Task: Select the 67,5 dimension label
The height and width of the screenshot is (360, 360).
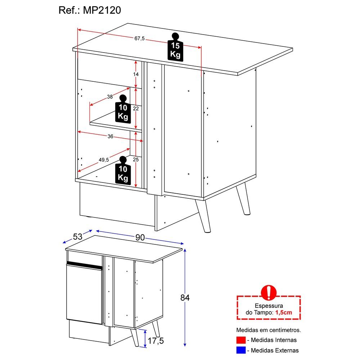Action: (x=139, y=39)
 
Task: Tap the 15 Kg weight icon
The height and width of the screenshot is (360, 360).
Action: (x=175, y=48)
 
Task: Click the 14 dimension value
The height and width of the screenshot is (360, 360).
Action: (x=135, y=74)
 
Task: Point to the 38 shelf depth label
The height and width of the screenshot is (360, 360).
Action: (x=110, y=96)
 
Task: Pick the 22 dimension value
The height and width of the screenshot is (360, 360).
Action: (x=135, y=108)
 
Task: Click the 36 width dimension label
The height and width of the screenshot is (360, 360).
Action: (x=110, y=136)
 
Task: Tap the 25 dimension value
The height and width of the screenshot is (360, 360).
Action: (x=135, y=159)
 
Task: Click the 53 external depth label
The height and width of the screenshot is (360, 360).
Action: (x=78, y=237)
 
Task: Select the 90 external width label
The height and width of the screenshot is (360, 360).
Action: (x=140, y=237)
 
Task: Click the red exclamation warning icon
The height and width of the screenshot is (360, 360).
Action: (x=269, y=292)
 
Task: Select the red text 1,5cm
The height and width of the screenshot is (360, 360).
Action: (x=284, y=312)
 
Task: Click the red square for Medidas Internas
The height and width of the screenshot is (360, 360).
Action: (x=241, y=340)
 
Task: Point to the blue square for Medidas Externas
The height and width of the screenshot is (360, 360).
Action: (x=241, y=350)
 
